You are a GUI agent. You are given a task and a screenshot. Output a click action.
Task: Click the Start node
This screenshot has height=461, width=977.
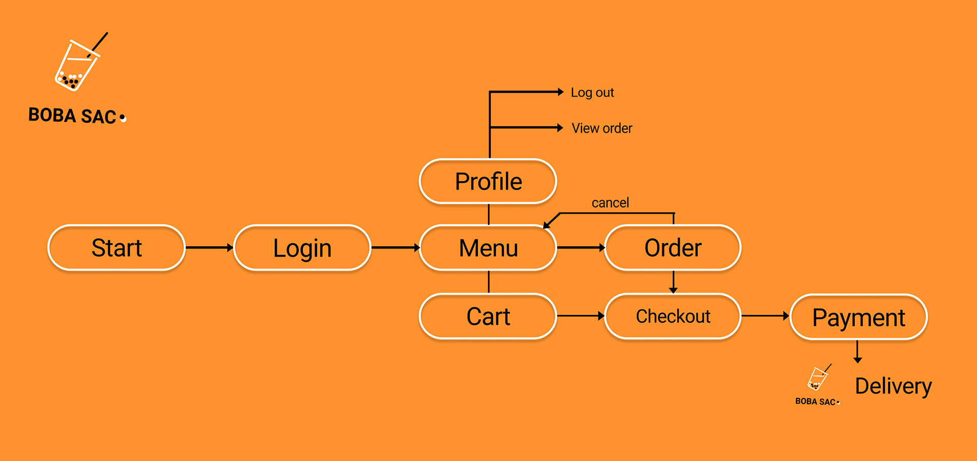tap(117, 248)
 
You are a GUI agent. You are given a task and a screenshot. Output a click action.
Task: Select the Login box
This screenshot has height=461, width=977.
tap(302, 248)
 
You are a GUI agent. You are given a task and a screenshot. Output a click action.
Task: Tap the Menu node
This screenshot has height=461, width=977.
tap(488, 248)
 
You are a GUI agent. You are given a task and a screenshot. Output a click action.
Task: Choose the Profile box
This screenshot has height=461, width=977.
tap(488, 182)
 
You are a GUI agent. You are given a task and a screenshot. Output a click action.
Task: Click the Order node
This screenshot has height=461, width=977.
tap(673, 248)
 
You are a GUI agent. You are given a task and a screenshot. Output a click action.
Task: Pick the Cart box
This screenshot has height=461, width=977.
tap(488, 316)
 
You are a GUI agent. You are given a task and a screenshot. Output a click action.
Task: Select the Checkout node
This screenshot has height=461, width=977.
tap(673, 316)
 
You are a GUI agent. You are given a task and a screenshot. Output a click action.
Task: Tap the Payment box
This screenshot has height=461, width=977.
tap(858, 318)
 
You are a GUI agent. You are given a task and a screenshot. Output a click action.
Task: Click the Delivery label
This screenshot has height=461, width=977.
tap(894, 386)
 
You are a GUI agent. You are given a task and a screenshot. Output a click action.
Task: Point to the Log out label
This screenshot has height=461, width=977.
tap(592, 93)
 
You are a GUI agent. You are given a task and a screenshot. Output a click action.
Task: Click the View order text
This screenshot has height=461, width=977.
tap(602, 128)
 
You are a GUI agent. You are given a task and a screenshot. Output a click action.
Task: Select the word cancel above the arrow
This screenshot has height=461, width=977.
tap(610, 203)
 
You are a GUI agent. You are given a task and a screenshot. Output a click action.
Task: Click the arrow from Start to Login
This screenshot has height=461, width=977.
tap(210, 248)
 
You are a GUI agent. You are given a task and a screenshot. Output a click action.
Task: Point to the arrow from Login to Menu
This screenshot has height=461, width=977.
tap(396, 248)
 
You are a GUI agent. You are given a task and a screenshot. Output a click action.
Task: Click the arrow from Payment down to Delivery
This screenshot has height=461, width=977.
tap(857, 352)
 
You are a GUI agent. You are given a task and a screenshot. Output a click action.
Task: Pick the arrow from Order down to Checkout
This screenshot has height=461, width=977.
tap(673, 282)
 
